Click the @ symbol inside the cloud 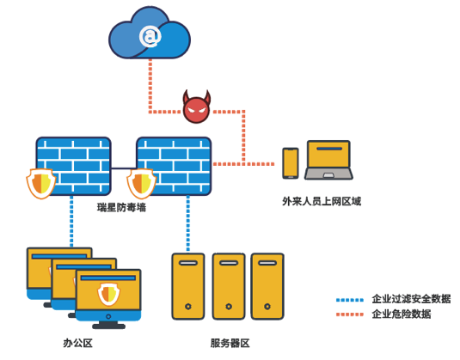[x=150, y=36]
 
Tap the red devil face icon [x=197, y=107]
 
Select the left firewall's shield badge [x=41, y=184]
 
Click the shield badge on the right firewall [x=141, y=184]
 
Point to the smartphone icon [x=291, y=163]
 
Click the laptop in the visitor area [x=328, y=160]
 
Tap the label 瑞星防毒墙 [x=121, y=207]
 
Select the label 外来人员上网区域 [x=322, y=201]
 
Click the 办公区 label [x=77, y=343]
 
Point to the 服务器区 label [x=230, y=343]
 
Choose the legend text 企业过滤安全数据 [x=411, y=299]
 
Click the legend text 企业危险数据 [x=402, y=314]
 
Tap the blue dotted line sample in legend [x=350, y=300]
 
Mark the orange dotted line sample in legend [x=350, y=314]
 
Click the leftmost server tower [x=188, y=286]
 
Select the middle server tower [x=229, y=286]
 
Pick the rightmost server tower [x=267, y=286]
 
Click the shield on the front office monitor [x=109, y=294]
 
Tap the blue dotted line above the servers [x=188, y=223]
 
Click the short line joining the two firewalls [x=124, y=168]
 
